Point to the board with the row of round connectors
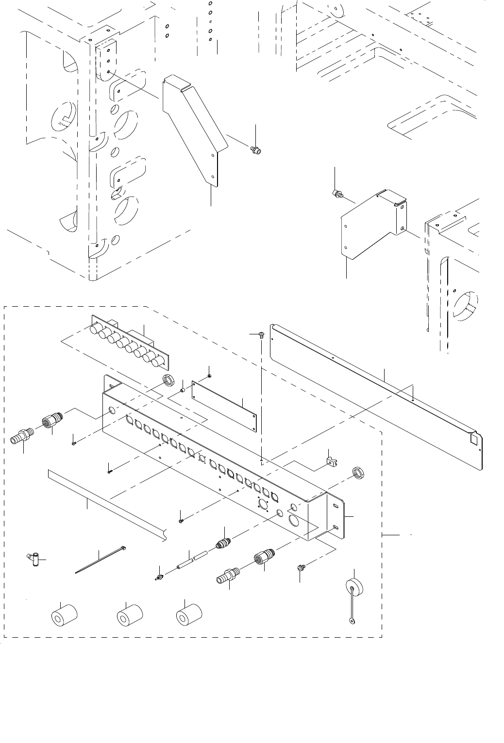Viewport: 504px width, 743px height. click(127, 341)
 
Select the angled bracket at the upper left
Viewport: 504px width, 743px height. click(195, 126)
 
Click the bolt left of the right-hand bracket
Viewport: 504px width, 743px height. click(336, 195)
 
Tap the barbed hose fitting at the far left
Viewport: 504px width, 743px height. click(21, 434)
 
